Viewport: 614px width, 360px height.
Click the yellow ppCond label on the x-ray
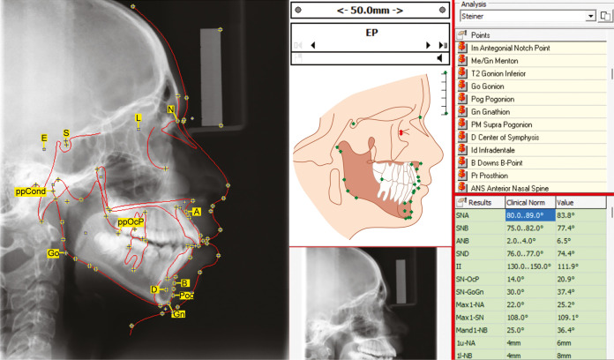pos(31,191)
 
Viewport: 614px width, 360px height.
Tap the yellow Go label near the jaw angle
pos(54,253)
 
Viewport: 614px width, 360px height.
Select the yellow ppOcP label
pos(131,222)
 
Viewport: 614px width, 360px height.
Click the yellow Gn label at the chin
pos(179,314)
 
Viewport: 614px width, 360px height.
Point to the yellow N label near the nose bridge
pos(171,109)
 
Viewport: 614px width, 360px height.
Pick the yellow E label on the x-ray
pos(43,139)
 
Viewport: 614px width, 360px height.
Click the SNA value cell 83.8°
pos(565,214)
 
